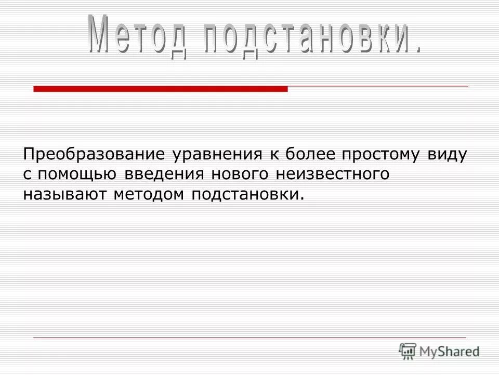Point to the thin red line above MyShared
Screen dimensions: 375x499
click(249, 337)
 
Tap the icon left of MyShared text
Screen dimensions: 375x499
click(408, 351)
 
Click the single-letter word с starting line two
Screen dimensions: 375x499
click(27, 174)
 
